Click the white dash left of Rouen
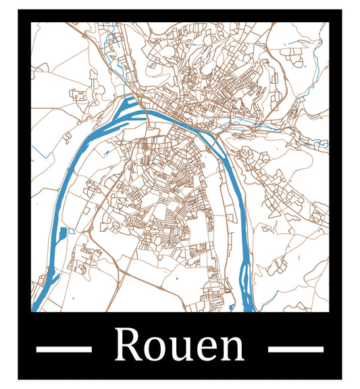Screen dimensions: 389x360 point(63,349)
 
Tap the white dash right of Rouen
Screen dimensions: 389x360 point(296,349)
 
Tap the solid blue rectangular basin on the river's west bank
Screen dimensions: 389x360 point(62,235)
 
